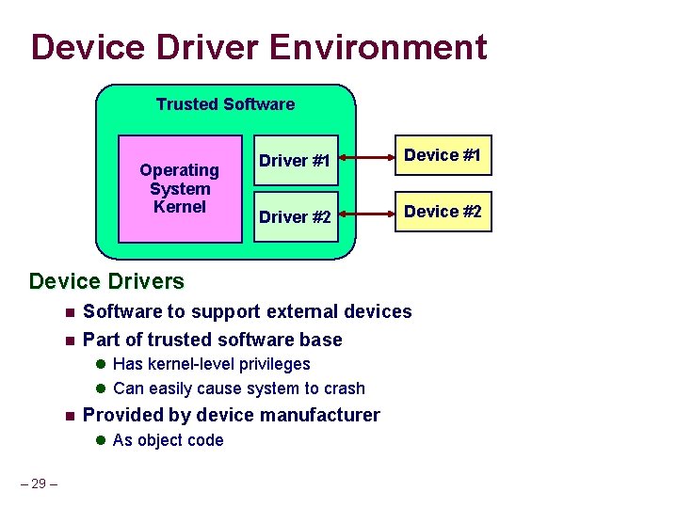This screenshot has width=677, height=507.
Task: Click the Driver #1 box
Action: (295, 161)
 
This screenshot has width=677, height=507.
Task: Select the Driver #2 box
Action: (295, 216)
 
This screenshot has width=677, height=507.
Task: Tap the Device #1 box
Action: (443, 155)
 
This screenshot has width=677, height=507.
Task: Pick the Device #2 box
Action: (443, 212)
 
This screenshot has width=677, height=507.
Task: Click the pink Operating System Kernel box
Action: (179, 188)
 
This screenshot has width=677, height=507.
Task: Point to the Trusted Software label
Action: (225, 104)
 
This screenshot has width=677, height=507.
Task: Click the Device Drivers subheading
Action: (106, 280)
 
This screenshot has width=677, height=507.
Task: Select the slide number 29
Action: (38, 483)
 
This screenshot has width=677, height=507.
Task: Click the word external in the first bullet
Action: (304, 311)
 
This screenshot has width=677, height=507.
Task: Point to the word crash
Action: (343, 388)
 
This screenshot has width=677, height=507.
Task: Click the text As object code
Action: (168, 440)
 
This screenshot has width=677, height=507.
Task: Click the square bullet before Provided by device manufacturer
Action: (69, 416)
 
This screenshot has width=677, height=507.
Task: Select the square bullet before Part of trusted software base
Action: (69, 341)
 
